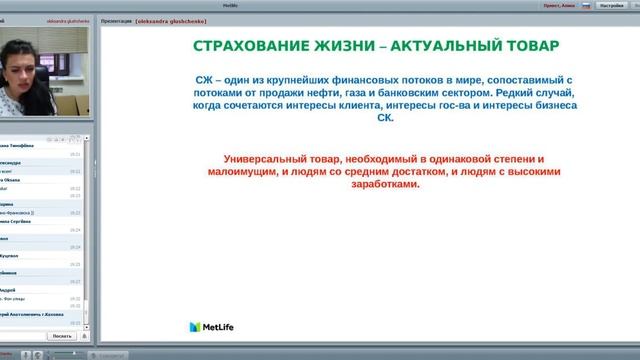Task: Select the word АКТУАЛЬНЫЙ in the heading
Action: pos(441,47)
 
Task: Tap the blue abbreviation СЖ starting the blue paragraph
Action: pos(207,79)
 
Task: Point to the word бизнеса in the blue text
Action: pos(548,104)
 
